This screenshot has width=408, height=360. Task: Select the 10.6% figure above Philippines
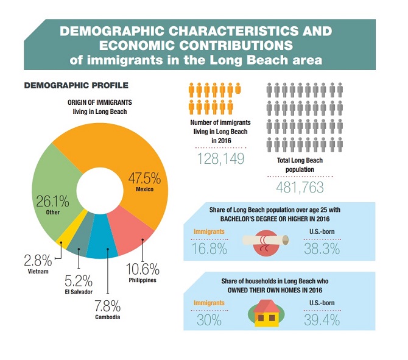(142, 269)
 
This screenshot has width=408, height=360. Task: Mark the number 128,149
(220, 158)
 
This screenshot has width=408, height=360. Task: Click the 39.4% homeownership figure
(321, 320)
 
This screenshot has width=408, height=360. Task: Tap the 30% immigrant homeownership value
(209, 320)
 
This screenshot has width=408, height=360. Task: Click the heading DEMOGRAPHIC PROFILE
(76, 85)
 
